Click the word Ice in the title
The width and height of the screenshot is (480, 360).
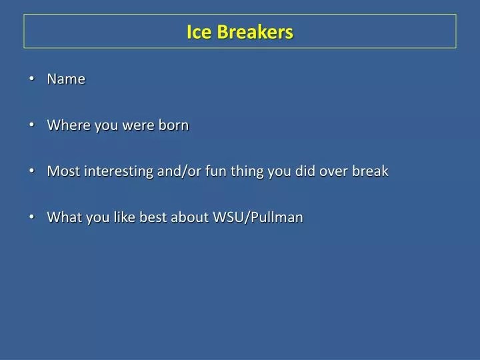198,32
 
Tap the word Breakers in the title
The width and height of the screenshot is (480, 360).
253,32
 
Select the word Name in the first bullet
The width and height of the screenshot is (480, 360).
66,79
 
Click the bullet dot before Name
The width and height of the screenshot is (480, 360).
33,79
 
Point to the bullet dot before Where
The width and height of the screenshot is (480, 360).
33,125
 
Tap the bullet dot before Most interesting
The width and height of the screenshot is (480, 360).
33,171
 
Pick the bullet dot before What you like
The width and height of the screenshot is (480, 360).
33,217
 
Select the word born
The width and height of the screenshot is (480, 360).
173,125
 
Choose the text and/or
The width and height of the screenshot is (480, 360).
176,171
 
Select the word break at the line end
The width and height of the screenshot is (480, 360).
371,171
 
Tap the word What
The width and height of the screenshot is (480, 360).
62,217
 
